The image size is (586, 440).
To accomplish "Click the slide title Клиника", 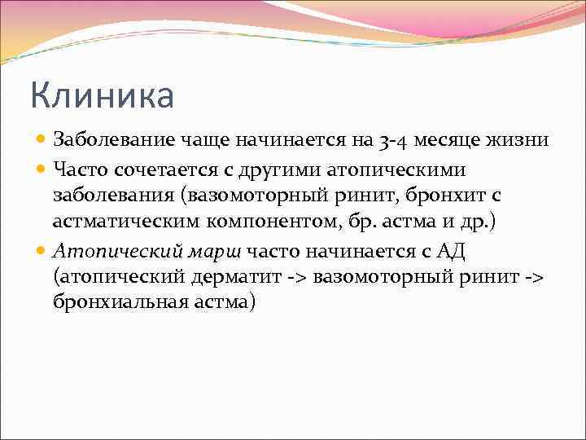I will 103,95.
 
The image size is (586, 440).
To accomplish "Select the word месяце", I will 467,139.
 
